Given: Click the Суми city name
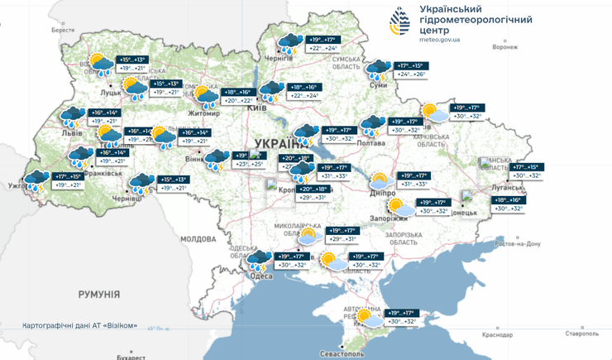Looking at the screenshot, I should coord(378,84).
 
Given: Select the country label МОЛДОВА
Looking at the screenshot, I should coord(198,238).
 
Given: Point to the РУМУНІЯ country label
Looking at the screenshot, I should coord(99,294).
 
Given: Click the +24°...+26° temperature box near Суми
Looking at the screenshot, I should coord(411,74).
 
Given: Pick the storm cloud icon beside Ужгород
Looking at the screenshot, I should coord(36,179).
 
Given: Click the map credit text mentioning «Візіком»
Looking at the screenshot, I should coord(79,324).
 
